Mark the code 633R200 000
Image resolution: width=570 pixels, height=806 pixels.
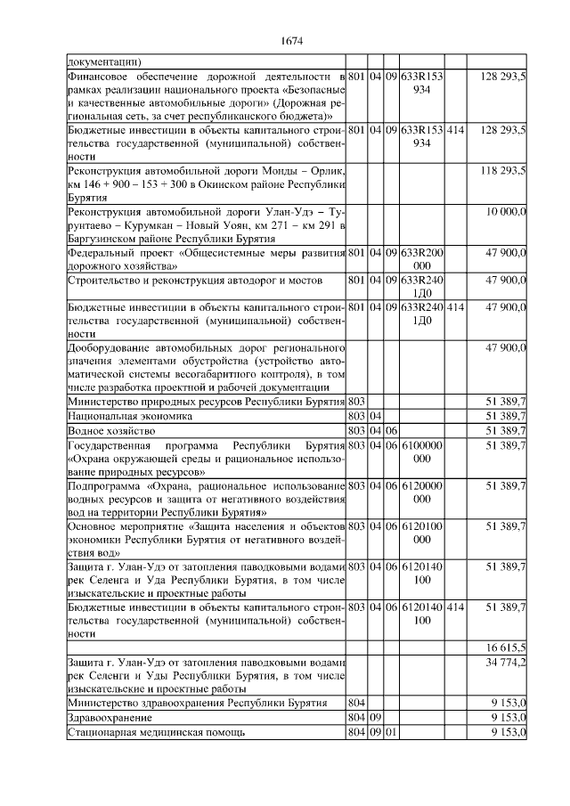tap(422, 259)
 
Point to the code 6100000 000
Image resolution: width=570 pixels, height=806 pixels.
tap(422, 452)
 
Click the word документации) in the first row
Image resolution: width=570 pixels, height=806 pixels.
tap(103, 62)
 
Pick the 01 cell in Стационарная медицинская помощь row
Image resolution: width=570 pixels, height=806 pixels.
tap(390, 732)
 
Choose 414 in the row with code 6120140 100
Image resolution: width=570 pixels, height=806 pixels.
tap(455, 606)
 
